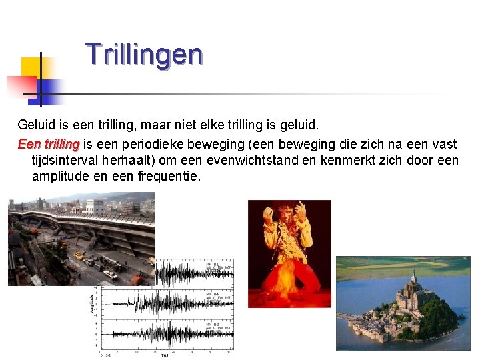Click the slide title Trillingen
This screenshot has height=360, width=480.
(x=143, y=55)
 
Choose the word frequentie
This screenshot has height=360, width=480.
(x=169, y=177)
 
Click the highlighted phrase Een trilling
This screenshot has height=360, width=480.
(x=49, y=145)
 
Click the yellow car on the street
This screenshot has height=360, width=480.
(x=79, y=256)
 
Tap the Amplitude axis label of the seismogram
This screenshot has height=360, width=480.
(x=91, y=303)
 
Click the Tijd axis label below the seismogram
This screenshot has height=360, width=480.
(x=164, y=356)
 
